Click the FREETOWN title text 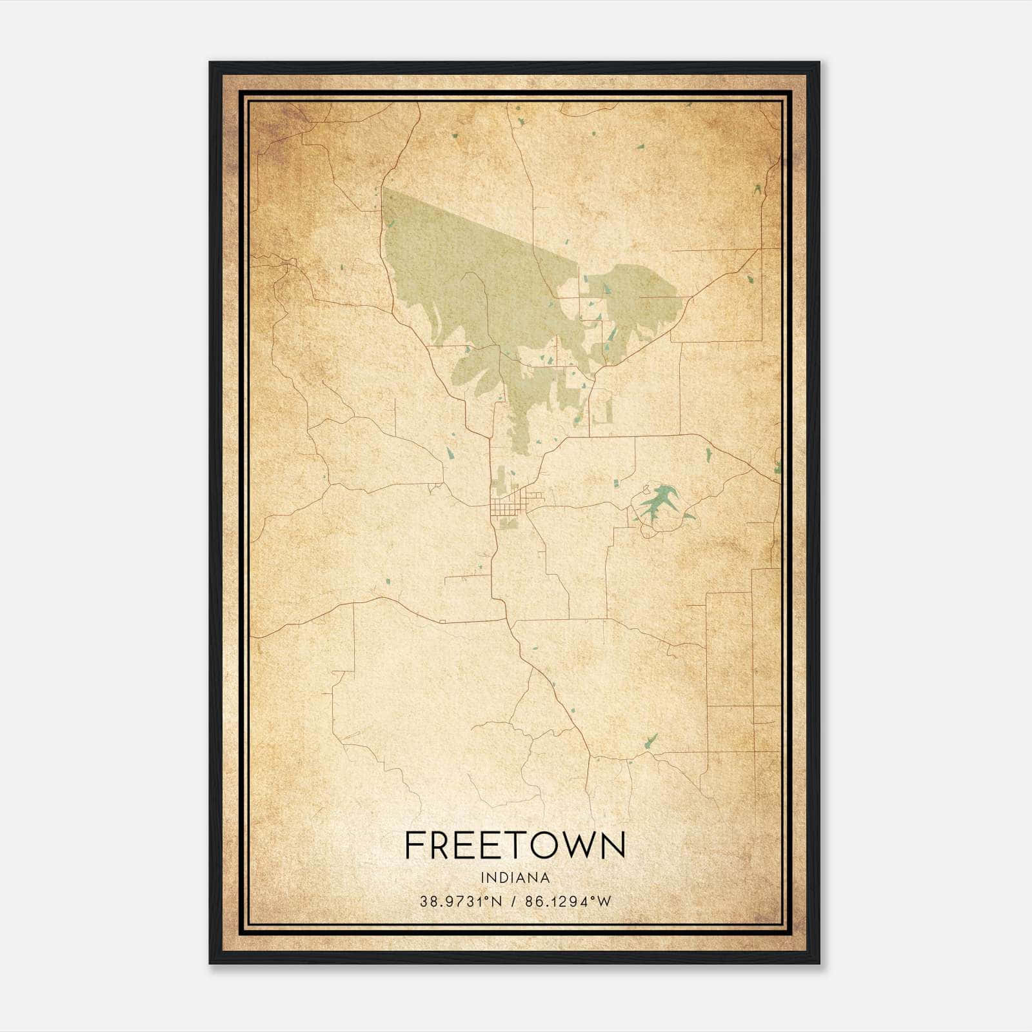tap(515, 845)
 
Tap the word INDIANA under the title tap(515, 878)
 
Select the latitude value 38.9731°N tap(461, 902)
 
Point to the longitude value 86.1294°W tap(568, 902)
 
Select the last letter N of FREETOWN tap(614, 845)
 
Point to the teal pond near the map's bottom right tap(651, 739)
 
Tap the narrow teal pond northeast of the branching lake tap(709, 454)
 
